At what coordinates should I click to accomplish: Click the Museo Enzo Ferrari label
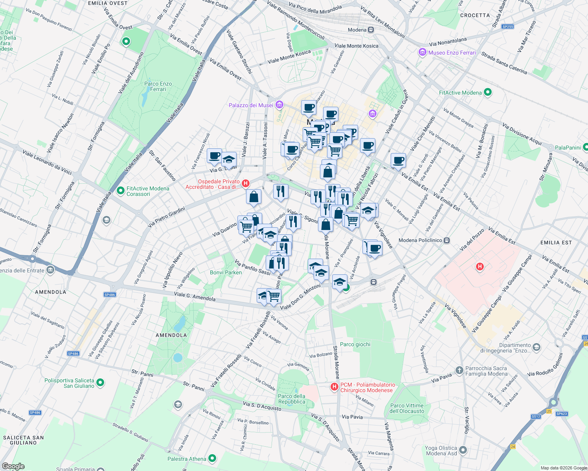tap(452, 53)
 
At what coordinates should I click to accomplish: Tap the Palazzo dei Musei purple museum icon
tap(279, 104)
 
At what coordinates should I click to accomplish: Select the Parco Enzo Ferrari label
tap(158, 86)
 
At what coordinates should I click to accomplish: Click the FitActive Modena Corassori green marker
tap(120, 189)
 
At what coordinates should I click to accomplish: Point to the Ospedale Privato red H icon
tap(246, 183)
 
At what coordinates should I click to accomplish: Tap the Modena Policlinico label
tap(420, 240)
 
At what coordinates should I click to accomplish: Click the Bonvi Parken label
tap(226, 272)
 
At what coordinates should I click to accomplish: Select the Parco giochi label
tap(355, 344)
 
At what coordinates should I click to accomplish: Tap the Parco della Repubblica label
tap(292, 399)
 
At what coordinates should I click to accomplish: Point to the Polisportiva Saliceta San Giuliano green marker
tap(100, 382)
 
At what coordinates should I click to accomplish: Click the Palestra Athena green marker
tap(212, 458)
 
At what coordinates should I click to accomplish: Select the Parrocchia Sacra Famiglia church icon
tap(459, 370)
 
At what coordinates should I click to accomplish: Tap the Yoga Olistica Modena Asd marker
tap(463, 450)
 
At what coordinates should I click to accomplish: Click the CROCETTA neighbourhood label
tap(475, 15)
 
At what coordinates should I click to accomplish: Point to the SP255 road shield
tap(507, 27)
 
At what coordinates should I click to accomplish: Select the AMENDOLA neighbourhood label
tap(51, 292)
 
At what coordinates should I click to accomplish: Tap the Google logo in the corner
tap(13, 466)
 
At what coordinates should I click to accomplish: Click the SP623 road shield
tap(562, 414)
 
